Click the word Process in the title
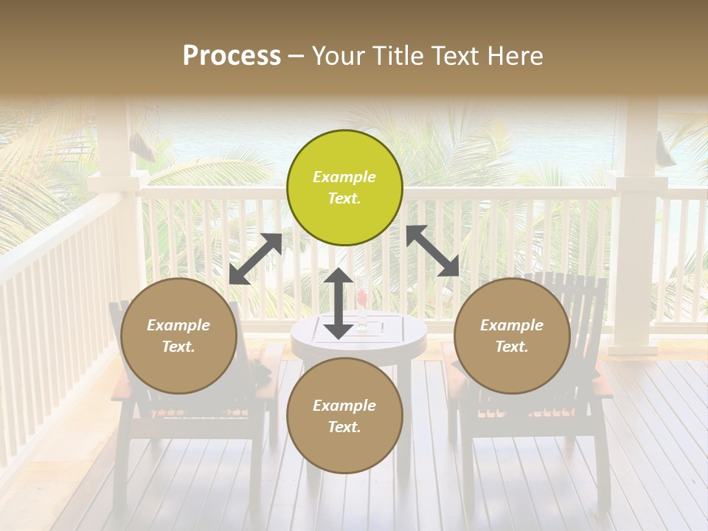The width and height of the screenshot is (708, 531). [232, 56]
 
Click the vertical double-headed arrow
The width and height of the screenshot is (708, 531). [339, 303]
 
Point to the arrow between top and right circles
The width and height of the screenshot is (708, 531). [432, 251]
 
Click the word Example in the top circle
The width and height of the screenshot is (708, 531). [344, 177]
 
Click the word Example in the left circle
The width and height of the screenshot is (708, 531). [178, 325]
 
